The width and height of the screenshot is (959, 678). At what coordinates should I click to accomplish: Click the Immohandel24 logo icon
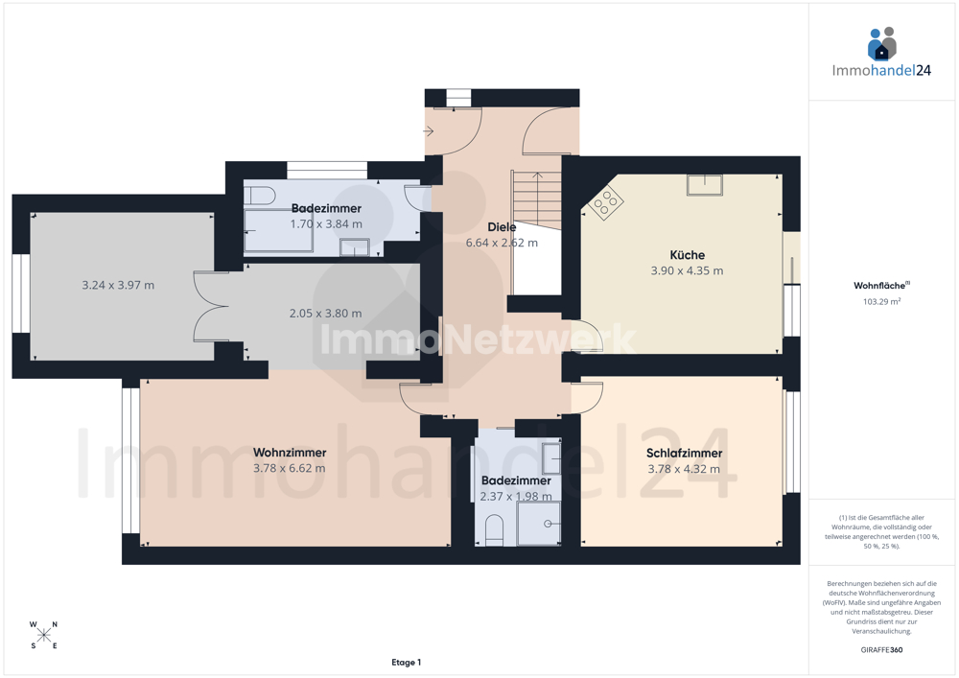point(881,44)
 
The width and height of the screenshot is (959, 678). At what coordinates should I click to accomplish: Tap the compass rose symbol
point(43,635)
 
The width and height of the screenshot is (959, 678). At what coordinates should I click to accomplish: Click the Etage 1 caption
point(406,662)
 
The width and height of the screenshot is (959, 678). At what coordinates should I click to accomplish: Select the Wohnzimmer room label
point(290,453)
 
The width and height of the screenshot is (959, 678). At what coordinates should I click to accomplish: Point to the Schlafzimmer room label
point(684,453)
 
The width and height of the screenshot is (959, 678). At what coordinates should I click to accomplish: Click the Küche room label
point(687,255)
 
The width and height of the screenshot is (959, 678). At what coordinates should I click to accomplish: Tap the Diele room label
point(502,227)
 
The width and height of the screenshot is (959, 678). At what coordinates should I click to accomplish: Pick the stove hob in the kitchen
point(606,202)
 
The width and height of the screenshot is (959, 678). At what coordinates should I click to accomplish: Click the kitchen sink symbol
point(704,185)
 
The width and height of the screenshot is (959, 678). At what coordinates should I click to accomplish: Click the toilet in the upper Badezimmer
point(259,196)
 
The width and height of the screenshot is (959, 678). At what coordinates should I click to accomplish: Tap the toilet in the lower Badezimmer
point(494,529)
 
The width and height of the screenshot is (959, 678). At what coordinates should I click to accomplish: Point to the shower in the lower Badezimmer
point(538,524)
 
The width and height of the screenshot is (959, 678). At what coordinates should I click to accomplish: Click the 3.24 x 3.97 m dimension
point(118,285)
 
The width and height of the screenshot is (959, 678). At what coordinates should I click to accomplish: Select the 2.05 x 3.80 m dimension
point(325,313)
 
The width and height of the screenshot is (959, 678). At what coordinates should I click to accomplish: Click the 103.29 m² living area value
point(881,301)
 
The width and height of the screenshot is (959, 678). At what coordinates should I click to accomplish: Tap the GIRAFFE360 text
point(881,650)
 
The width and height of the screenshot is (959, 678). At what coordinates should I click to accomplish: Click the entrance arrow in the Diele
point(428,130)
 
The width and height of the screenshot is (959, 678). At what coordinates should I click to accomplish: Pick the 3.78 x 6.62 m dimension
point(290,468)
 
